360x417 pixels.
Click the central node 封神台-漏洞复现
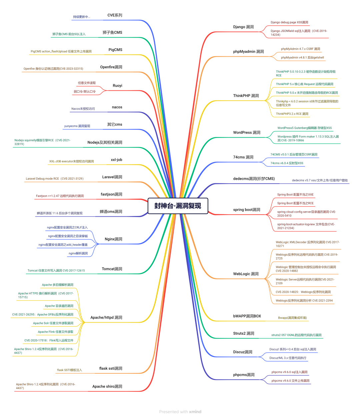pyautogui.click(x=178, y=206)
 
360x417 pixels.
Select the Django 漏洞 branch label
pyautogui.click(x=243, y=27)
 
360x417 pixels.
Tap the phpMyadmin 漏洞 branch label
pyautogui.click(x=248, y=52)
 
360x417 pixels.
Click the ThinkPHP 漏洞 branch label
pyautogui.click(x=246, y=96)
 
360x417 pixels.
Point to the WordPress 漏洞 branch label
pyautogui.click(x=247, y=133)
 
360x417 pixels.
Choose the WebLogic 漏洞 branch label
pyautogui.click(x=246, y=274)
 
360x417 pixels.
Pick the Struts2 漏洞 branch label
pyautogui.click(x=244, y=333)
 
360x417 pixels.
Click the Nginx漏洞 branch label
pyautogui.click(x=113, y=239)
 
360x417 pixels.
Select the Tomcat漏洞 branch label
pyautogui.click(x=112, y=269)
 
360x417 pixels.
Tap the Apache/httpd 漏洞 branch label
pyautogui.click(x=106, y=318)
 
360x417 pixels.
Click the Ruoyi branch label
pyautogui.click(x=117, y=86)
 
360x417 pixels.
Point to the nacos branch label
pyautogui.click(x=117, y=107)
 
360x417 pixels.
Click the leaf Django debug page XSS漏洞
pyautogui.click(x=289, y=22)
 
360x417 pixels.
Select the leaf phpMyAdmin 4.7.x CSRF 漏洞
pyautogui.click(x=300, y=49)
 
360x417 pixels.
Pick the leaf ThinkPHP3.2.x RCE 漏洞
pyautogui.click(x=292, y=114)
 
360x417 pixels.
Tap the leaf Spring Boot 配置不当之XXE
pyautogui.click(x=295, y=195)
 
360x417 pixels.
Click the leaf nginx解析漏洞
pyautogui.click(x=78, y=254)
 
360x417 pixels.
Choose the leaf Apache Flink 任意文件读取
pyautogui.click(x=56, y=332)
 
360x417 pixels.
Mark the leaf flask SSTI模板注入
pyautogui.click(x=69, y=370)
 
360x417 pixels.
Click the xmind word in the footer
pyautogui.click(x=195, y=412)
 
